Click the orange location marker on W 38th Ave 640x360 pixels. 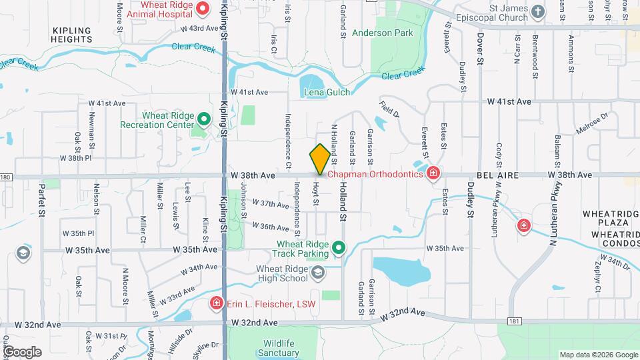click(x=320, y=158)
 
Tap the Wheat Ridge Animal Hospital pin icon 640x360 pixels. click(x=205, y=9)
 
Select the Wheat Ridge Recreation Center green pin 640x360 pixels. click(x=205, y=121)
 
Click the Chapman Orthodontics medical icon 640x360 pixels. click(x=433, y=174)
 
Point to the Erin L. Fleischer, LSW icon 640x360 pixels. click(x=216, y=304)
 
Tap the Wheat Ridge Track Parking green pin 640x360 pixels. click(x=339, y=249)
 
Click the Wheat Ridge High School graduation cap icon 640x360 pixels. click(x=319, y=272)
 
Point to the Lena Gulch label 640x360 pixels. click(x=327, y=92)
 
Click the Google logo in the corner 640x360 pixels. click(x=22, y=352)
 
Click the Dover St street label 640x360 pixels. click(x=479, y=49)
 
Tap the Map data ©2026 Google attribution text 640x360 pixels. click(x=597, y=355)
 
